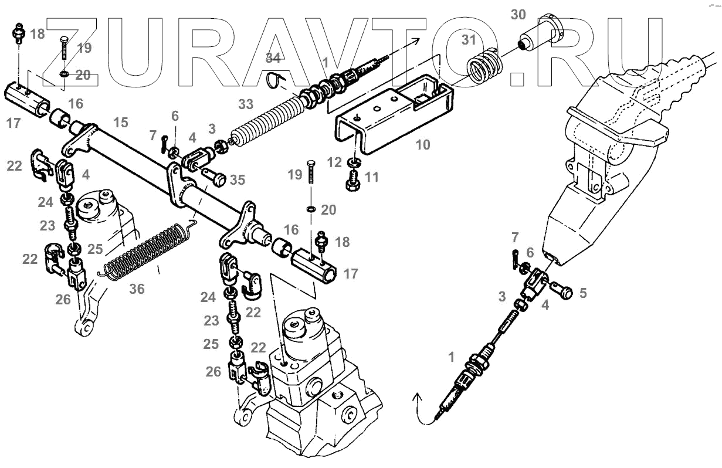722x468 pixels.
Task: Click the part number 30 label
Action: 518,16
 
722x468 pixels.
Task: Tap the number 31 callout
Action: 469,40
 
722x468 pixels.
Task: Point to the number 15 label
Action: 120,123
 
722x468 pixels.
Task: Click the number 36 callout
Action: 136,289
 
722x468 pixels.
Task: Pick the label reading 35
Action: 237,180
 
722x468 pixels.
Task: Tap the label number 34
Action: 273,57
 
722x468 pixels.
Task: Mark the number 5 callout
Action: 582,293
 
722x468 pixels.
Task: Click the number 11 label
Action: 372,177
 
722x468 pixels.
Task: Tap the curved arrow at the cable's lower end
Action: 420,407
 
